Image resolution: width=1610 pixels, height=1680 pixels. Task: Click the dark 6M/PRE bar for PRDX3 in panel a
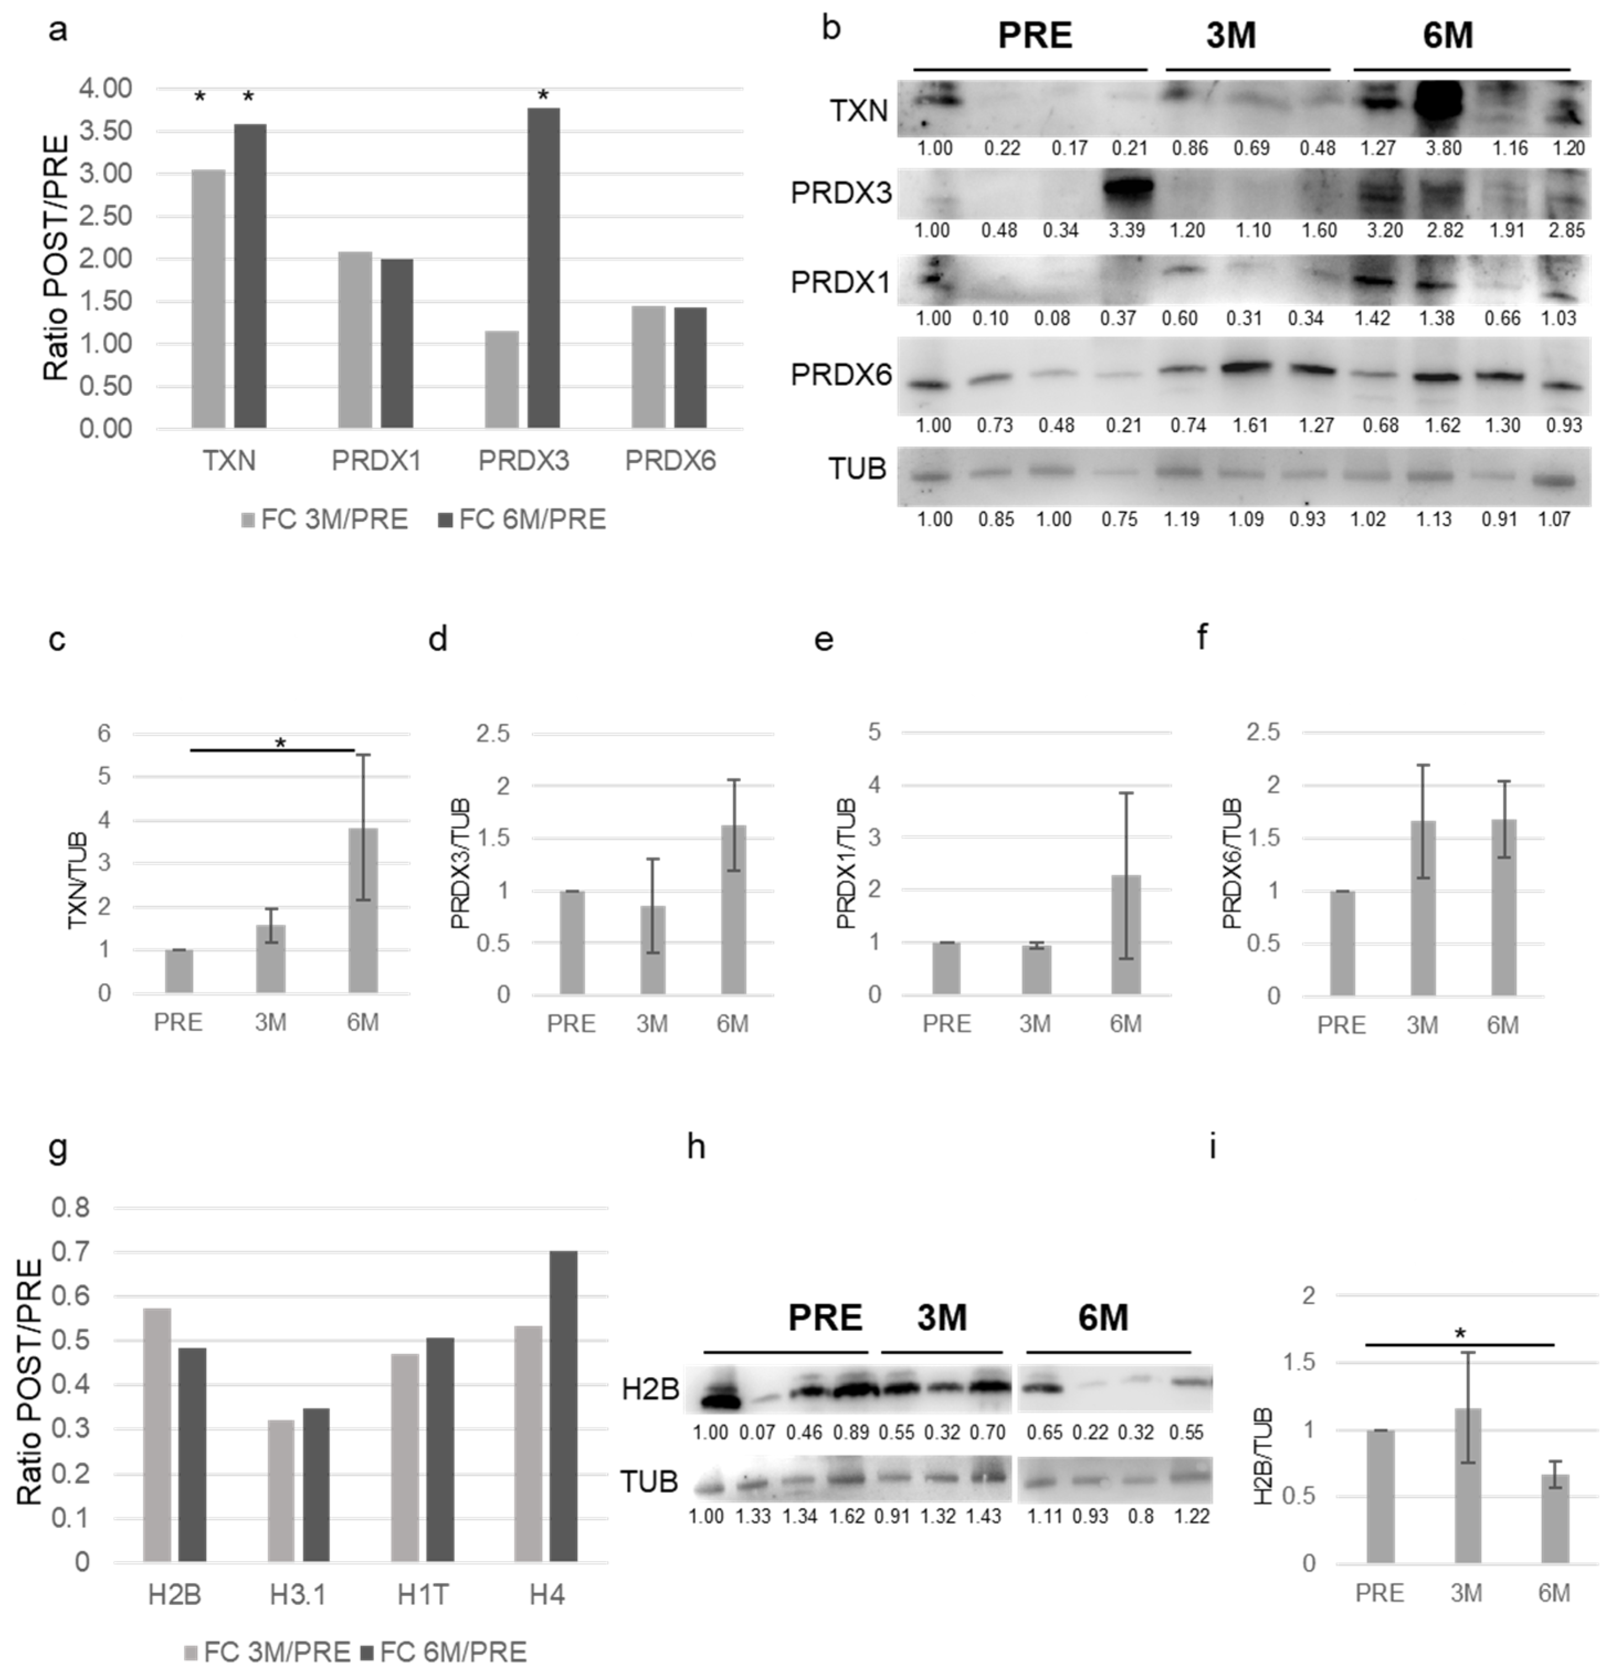tap(543, 268)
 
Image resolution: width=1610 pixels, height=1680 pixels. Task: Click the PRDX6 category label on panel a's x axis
tap(670, 461)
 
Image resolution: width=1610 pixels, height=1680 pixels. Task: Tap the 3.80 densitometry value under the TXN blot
tap(1445, 148)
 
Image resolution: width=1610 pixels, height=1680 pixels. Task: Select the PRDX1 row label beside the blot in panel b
tap(840, 283)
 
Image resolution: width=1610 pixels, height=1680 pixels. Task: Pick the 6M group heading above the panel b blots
tap(1447, 36)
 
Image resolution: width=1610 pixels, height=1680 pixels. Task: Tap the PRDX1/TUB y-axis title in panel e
tap(847, 863)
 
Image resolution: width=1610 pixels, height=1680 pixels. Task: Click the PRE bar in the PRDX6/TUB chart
tap(1343, 943)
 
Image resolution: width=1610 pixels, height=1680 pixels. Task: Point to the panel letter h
tap(696, 1146)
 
